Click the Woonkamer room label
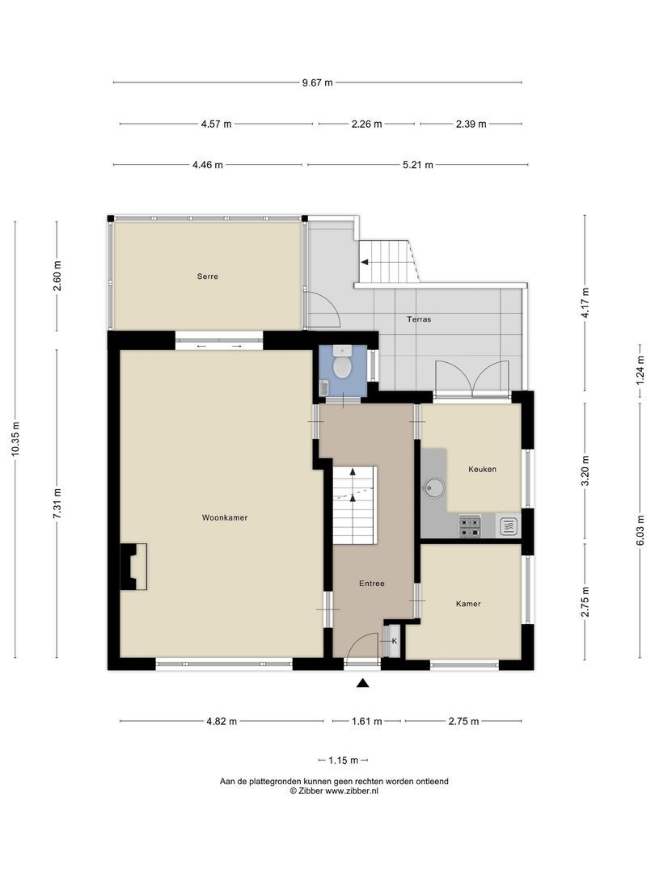pos(225,517)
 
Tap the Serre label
pos(207,276)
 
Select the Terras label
pos(419,319)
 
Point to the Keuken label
pos(482,469)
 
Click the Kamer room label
pos(468,604)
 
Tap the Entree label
pos(371,584)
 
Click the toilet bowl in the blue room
pos(341,365)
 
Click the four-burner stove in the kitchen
pos(470,526)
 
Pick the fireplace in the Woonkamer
pos(133,567)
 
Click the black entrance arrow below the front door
pos(362,683)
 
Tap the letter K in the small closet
pos(395,641)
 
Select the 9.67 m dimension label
pos(318,83)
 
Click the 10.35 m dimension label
pos(15,439)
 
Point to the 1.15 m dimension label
pos(343,760)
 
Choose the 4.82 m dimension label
pos(222,721)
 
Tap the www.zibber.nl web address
pos(352,791)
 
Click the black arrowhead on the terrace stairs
pos(364,262)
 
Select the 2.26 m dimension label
pos(366,124)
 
